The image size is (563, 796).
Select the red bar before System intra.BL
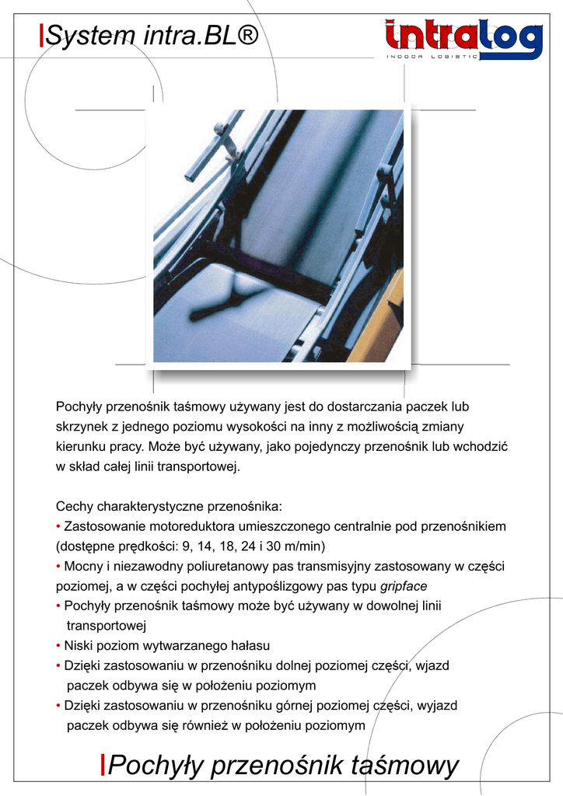pos(41,36)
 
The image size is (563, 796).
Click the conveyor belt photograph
pos(278,236)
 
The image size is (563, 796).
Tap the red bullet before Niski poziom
pos(58,646)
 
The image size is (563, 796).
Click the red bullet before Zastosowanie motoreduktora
pos(58,527)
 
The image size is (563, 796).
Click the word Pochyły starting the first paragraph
pos(79,407)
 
